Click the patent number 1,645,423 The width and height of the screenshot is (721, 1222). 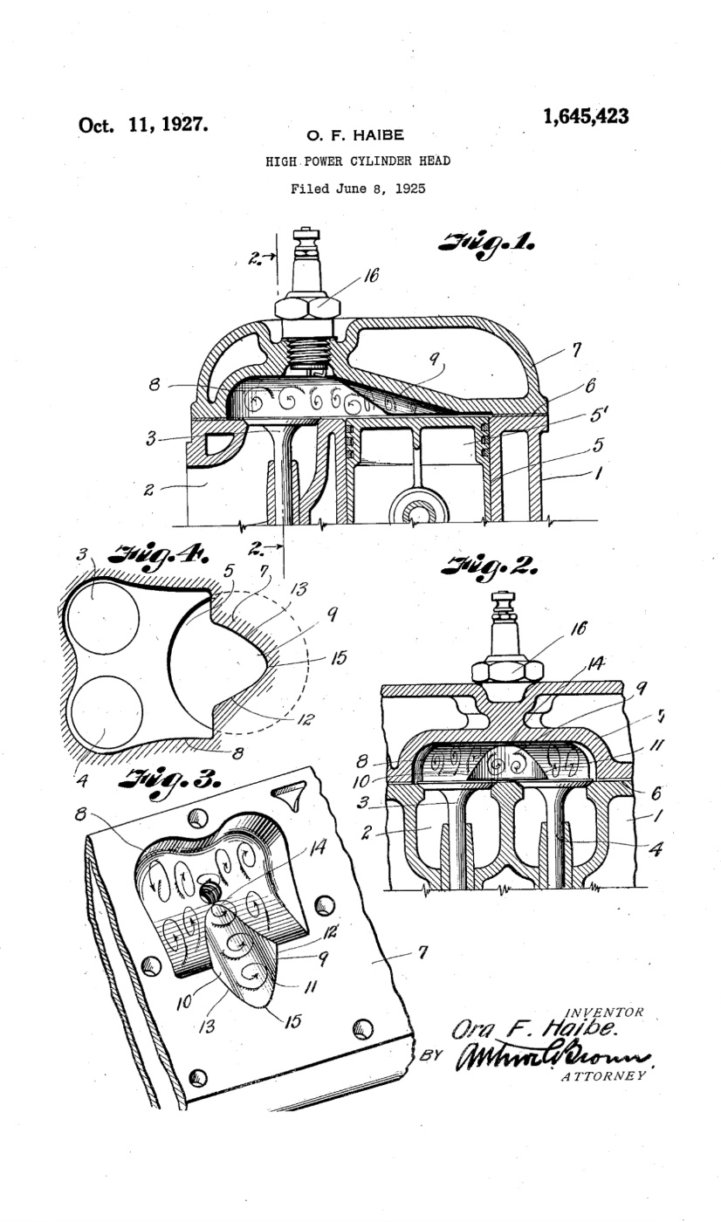tap(585, 117)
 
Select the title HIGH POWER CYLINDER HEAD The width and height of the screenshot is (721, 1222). tap(358, 161)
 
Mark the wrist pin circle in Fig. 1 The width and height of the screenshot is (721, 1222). tap(417, 511)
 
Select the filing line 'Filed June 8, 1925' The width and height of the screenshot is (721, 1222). tap(358, 188)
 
